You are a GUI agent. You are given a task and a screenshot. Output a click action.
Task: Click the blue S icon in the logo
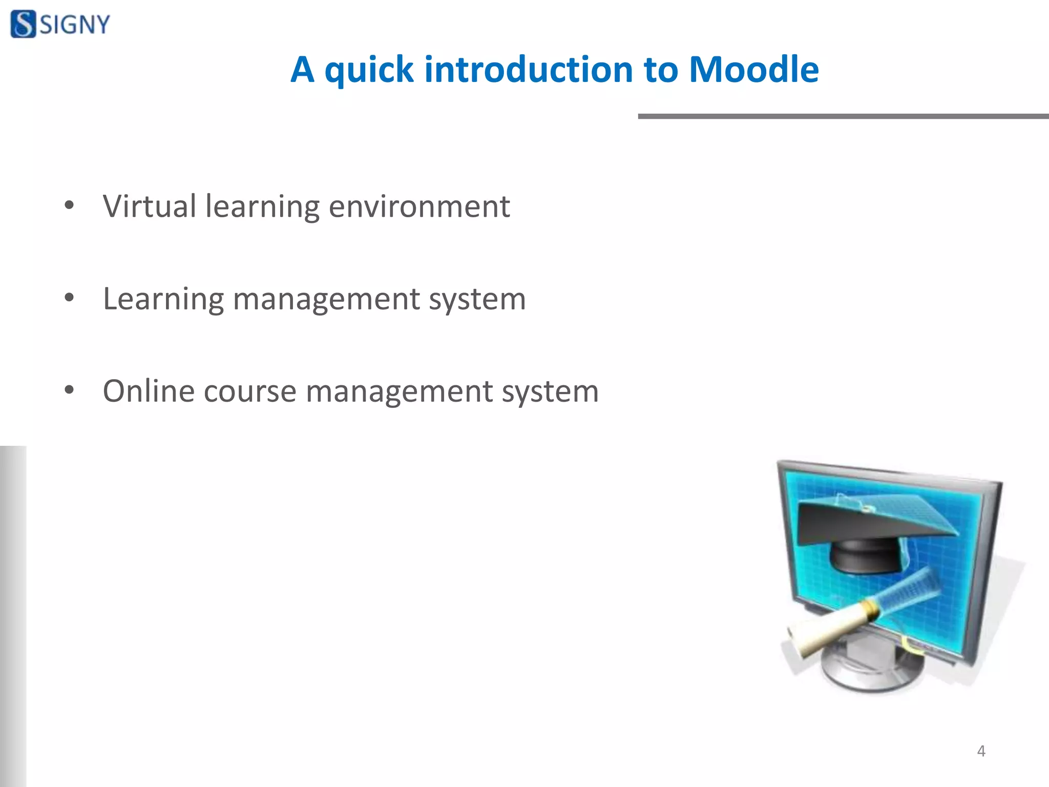[24, 24]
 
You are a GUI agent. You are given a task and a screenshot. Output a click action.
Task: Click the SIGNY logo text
[75, 25]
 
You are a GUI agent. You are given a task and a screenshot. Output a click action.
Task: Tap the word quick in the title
[368, 71]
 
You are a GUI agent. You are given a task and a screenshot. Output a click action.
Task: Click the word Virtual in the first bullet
[149, 206]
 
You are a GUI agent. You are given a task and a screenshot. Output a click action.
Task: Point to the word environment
[419, 206]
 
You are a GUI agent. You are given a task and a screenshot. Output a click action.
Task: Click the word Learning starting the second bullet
[163, 299]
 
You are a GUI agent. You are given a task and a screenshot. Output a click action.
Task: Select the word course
[250, 392]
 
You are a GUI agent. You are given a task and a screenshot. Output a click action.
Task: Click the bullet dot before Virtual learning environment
[69, 206]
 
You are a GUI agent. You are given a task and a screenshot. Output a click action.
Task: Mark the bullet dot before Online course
[69, 391]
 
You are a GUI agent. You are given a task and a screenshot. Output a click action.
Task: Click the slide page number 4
[981, 751]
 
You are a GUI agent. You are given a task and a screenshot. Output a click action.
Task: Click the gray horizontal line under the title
[843, 116]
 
